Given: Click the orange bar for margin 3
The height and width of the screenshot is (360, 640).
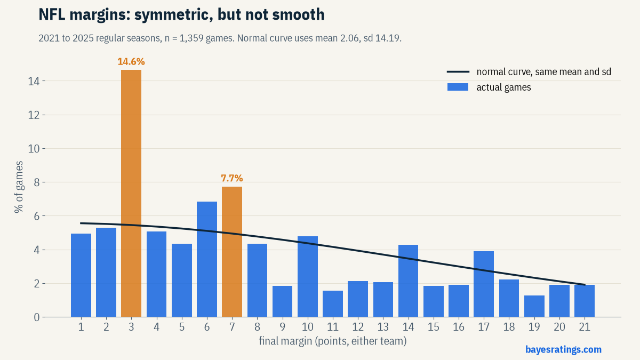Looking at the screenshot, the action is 131,194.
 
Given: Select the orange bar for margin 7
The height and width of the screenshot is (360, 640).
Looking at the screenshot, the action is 232,252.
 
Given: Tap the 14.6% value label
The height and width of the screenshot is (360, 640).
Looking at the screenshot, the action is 131,62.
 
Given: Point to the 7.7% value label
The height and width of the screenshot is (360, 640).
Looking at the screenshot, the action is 232,178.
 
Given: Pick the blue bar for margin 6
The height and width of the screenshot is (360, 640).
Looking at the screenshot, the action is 207,259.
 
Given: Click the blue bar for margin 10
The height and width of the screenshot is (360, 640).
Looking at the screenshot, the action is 308,277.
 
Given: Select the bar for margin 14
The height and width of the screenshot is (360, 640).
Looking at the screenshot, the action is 409,281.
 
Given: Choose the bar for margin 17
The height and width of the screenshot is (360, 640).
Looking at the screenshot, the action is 484,284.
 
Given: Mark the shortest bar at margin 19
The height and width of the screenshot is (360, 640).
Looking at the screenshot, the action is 534,306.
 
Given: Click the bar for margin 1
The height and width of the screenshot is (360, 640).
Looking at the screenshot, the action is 81,275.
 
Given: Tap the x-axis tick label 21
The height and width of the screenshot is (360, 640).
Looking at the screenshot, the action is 585,327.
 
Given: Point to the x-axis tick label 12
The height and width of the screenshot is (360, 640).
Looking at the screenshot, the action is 358,327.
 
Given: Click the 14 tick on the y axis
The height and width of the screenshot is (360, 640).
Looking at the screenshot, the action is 34,81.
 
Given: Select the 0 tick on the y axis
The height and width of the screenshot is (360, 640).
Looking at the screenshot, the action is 37,317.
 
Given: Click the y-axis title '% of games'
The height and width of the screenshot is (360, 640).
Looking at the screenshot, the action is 19,187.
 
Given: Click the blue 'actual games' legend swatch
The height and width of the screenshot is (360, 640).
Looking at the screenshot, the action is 458,87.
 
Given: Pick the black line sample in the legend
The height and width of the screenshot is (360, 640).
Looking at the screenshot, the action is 458,71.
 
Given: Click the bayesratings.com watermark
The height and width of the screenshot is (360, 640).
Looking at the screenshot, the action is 563,349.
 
